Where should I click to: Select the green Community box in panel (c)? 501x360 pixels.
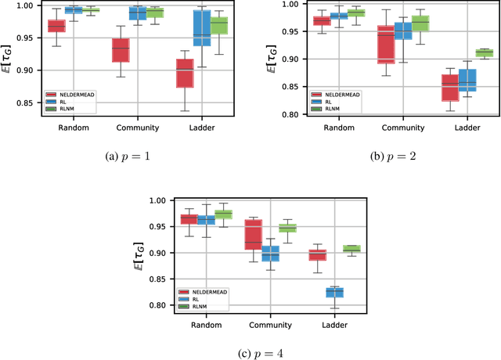(x=288, y=228)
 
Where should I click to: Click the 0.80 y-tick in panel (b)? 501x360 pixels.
(x=293, y=114)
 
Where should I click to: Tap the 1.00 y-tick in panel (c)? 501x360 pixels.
(x=159, y=200)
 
